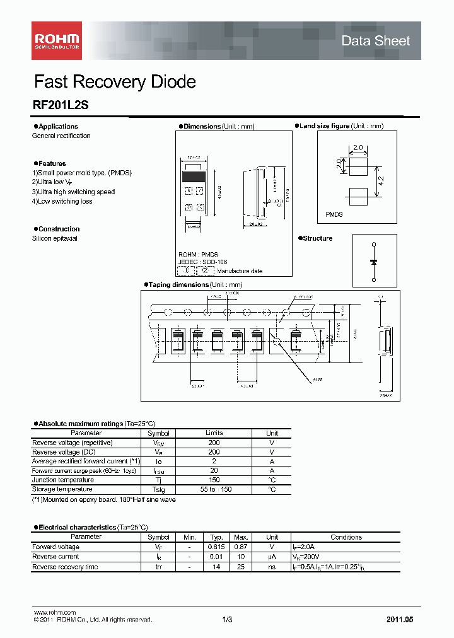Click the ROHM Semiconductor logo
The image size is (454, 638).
[x=57, y=40]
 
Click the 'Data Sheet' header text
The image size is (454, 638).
[x=375, y=41]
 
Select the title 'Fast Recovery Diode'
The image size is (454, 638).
[x=114, y=82]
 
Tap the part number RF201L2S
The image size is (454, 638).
[x=61, y=107]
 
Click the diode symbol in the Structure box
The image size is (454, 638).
[x=374, y=261]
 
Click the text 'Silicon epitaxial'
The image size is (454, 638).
[x=55, y=239]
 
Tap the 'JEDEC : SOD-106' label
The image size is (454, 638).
[x=202, y=262]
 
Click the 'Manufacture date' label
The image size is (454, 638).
[x=240, y=271]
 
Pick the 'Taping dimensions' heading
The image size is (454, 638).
[x=177, y=285]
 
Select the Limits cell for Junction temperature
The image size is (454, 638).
[x=214, y=480]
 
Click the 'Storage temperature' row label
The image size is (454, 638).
[x=62, y=489]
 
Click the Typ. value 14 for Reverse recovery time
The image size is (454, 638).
[x=217, y=567]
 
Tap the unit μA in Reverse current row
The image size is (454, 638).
[x=272, y=557]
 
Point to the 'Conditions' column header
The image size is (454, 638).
[x=346, y=537]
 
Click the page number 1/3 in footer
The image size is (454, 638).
[x=227, y=620]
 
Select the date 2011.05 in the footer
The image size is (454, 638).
[x=400, y=620]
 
